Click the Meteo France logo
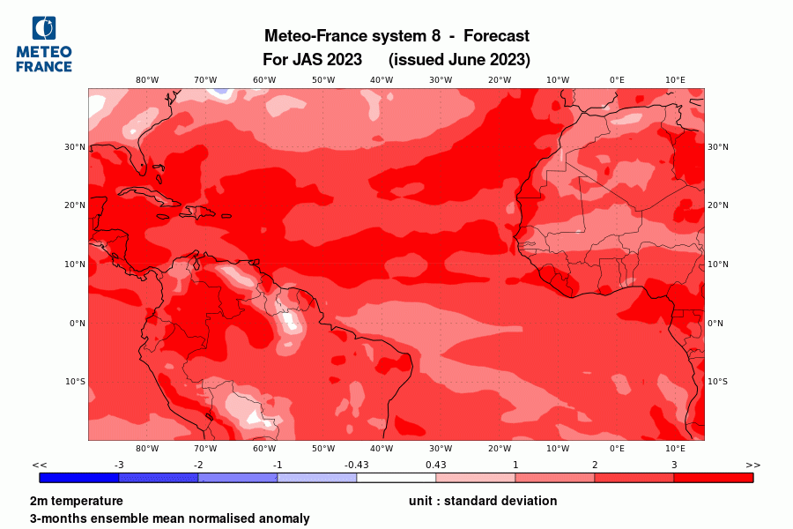coord(44,44)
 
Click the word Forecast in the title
coord(496,36)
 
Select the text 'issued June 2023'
coord(459,60)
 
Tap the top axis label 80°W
coord(147,80)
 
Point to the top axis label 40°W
coord(382,80)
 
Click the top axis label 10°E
coord(676,80)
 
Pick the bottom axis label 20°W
coord(500,449)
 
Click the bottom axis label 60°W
coord(264,449)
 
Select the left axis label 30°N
coord(74,147)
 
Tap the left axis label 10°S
coord(74,382)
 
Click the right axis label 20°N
coord(718,205)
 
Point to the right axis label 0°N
coord(715,324)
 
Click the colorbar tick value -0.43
coord(357,465)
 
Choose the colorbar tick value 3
coord(674,465)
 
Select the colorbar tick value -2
coord(198,465)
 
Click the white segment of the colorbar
coord(396,478)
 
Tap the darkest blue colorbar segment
coord(79,478)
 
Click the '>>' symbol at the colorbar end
coord(753,465)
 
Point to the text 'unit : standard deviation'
coord(483,501)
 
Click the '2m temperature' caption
coord(77,501)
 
